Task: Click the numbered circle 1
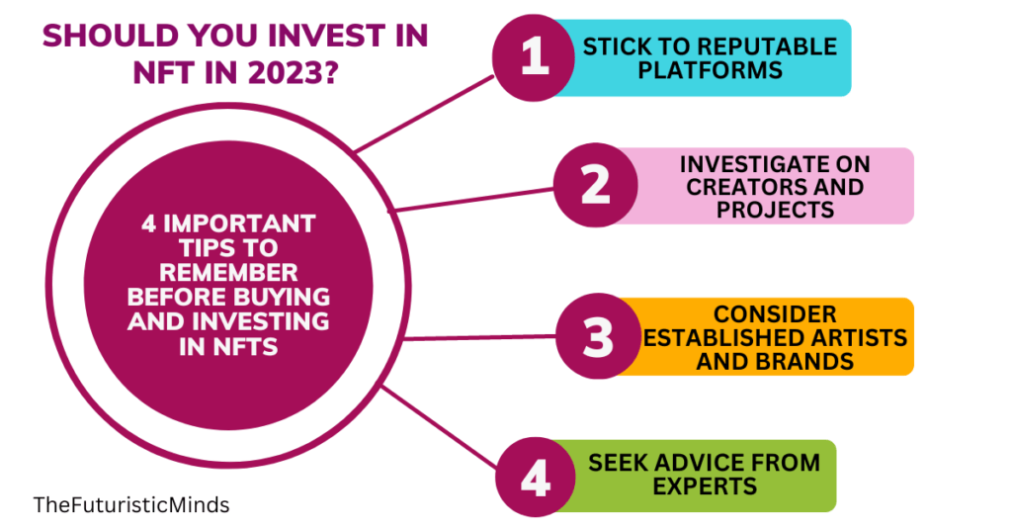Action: tap(534, 58)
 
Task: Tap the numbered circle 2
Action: tap(595, 186)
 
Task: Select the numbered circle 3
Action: tap(595, 336)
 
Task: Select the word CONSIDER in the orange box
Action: tap(775, 314)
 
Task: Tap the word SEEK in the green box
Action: tap(618, 463)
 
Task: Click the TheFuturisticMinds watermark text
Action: tap(131, 505)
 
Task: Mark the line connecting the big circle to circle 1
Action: tap(425, 115)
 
